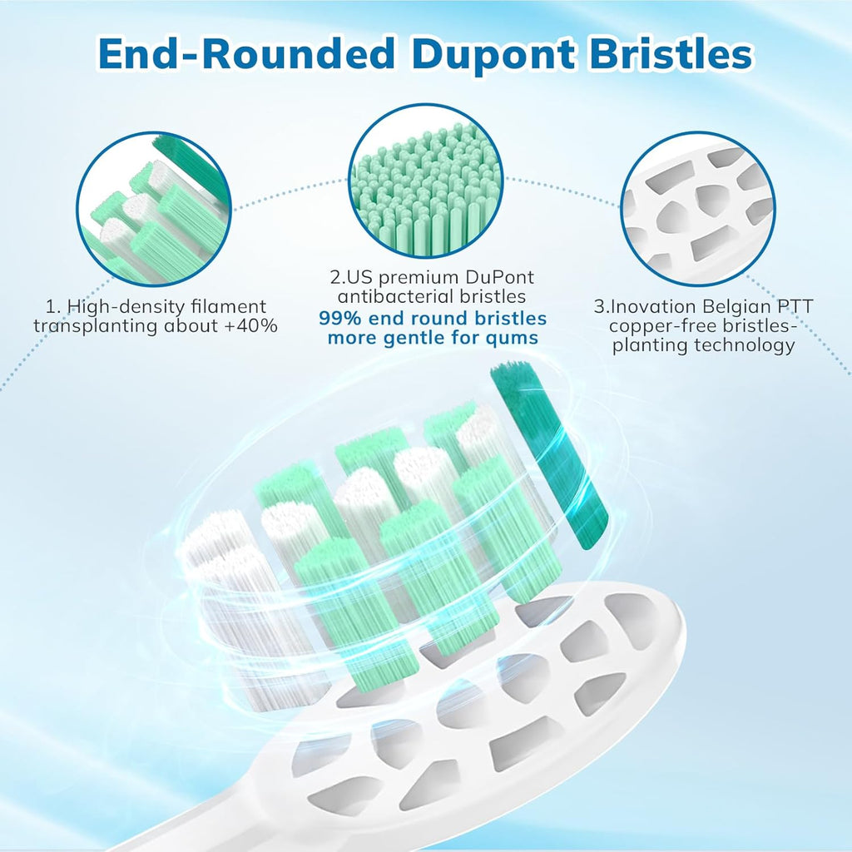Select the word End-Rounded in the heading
pos(246,55)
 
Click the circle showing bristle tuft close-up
pos(154,209)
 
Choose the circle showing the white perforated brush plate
pos(697,209)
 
